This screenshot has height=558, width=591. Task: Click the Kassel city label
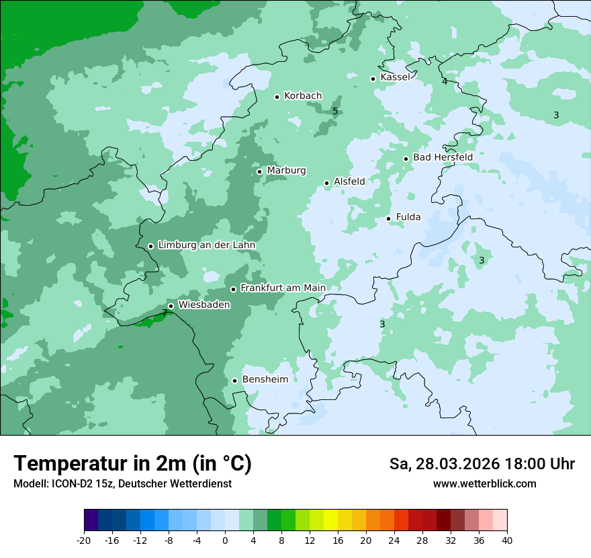click(395, 77)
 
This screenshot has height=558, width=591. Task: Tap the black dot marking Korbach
click(277, 97)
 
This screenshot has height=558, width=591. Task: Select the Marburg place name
click(286, 171)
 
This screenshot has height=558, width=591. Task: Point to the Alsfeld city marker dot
click(326, 183)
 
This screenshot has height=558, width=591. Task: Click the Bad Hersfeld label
click(443, 157)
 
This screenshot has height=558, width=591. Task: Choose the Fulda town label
click(408, 217)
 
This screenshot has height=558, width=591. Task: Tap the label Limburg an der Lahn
click(206, 245)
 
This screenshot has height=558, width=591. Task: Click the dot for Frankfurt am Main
click(233, 289)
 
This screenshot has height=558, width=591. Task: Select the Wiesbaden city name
click(204, 305)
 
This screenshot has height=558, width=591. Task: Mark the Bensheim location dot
click(234, 381)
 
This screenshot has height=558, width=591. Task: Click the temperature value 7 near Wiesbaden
click(165, 313)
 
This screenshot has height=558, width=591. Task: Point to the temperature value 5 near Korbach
click(335, 111)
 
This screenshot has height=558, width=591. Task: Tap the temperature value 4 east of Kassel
click(445, 81)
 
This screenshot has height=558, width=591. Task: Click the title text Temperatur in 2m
click(132, 464)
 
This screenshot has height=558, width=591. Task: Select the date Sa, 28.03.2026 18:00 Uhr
click(482, 464)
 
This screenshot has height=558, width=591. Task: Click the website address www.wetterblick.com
click(484, 484)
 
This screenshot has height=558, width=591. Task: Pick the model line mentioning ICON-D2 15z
click(122, 484)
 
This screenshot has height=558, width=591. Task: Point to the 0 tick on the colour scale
click(225, 541)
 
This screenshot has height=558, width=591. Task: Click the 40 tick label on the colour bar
click(506, 541)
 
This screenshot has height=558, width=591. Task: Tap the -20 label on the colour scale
click(83, 541)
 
